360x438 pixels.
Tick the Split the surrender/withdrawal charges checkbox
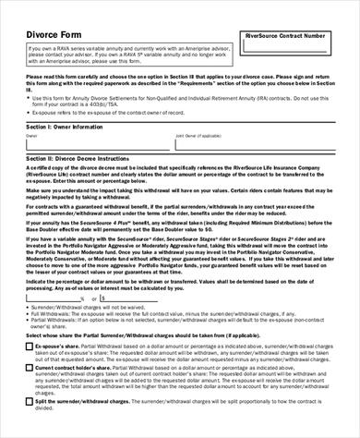pyautogui.click(x=30, y=404)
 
